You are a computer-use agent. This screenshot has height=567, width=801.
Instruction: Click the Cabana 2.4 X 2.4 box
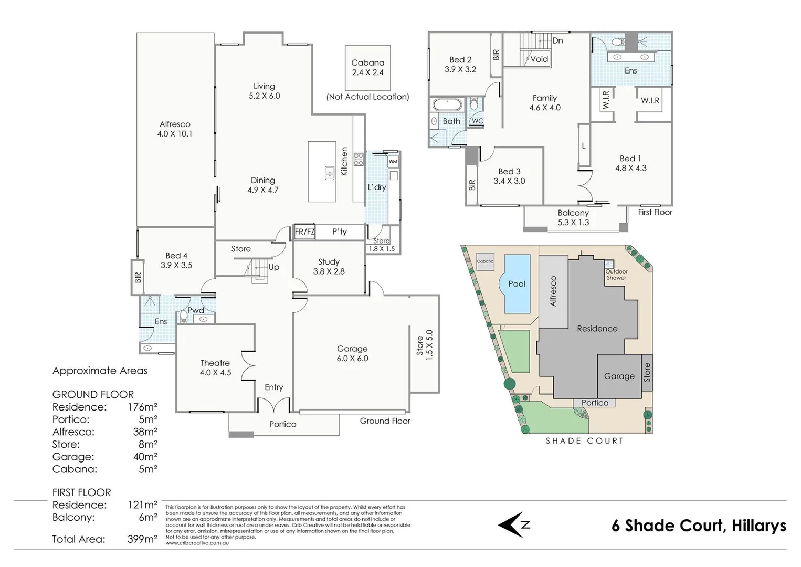[x=367, y=68]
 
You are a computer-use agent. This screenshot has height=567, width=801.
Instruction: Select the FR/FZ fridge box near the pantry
[x=304, y=232]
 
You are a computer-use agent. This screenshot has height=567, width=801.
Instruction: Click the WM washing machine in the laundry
[x=393, y=162]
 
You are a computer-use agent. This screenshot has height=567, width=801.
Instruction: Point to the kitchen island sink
[x=329, y=173]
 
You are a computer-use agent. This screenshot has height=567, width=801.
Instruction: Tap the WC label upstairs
[x=477, y=121]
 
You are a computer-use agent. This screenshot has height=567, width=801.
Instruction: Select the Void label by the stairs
[x=539, y=59]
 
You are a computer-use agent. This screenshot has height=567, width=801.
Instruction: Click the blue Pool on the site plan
[x=517, y=283]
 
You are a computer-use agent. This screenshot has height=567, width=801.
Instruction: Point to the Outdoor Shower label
[x=616, y=275]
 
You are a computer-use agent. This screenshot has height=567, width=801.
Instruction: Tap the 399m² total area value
[x=142, y=539]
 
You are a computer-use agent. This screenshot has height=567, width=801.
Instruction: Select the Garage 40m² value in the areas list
[x=145, y=457]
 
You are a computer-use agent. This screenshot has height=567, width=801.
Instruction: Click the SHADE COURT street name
[x=584, y=441]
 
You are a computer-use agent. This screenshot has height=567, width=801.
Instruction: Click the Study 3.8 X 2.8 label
[x=329, y=267]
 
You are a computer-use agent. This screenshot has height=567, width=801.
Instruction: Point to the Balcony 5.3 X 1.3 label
[x=573, y=217]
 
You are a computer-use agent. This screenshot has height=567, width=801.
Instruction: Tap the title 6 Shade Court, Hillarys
[x=699, y=526]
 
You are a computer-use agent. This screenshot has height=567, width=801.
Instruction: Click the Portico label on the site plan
[x=595, y=403]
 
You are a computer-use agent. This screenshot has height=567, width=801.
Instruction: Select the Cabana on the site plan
[x=485, y=261]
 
